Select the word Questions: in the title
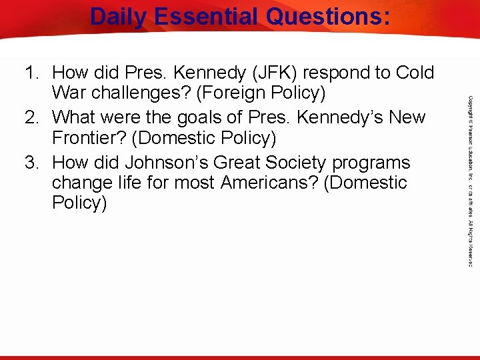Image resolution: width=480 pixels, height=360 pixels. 329,17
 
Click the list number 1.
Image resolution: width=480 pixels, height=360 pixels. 31,73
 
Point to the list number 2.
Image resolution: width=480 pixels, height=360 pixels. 31,117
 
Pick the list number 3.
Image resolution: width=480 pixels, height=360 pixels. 31,163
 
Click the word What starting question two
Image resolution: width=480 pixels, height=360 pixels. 75,117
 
